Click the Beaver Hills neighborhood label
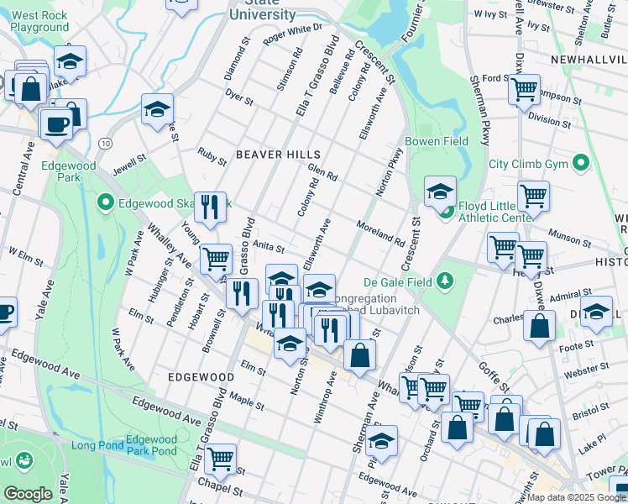278,155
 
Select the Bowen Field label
436,142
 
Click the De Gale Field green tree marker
447,281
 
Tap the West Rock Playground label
40,21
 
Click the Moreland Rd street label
380,232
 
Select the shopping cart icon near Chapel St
220,458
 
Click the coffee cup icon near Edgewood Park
56,123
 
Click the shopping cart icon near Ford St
525,87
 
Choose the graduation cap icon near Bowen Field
440,192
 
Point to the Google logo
28,494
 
